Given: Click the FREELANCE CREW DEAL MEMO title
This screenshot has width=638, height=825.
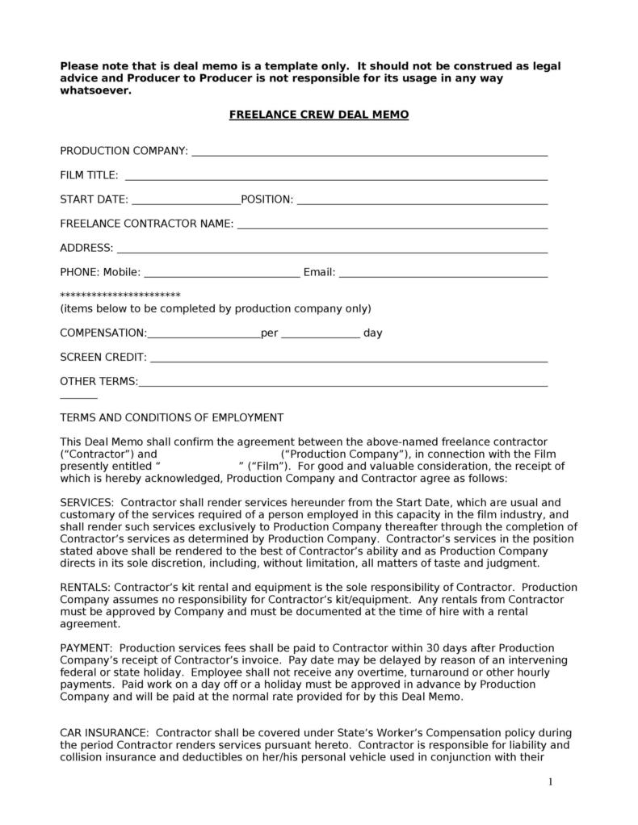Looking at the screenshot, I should (319, 115).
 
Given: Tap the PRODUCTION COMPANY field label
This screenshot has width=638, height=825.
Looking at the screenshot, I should (124, 151).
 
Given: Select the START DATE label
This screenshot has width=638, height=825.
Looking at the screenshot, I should (94, 199).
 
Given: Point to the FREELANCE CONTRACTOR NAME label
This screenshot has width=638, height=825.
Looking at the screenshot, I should (147, 224).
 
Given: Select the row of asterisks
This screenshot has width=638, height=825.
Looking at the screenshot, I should (120, 295).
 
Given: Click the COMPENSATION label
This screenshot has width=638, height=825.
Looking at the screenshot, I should (103, 333).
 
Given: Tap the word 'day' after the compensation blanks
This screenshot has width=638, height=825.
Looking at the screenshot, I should (372, 333).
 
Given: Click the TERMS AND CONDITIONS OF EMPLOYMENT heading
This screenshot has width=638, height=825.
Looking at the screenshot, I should (172, 417).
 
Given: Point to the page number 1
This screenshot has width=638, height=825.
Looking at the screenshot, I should (550, 781).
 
